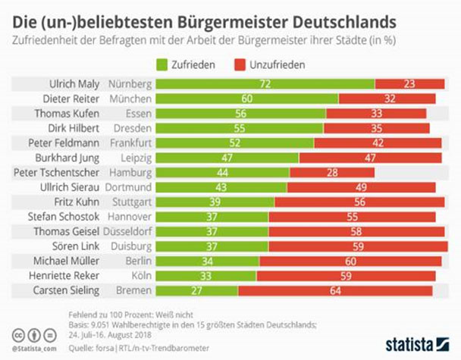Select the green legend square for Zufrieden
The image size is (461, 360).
tap(162, 65)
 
